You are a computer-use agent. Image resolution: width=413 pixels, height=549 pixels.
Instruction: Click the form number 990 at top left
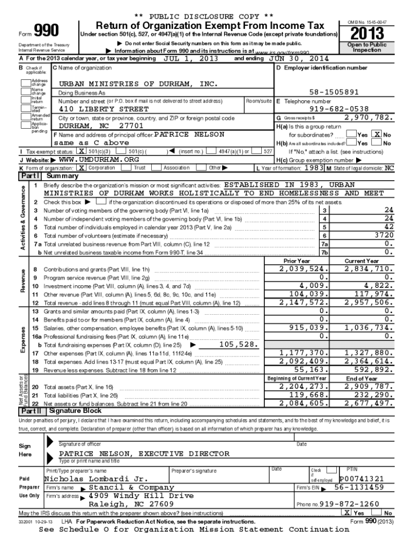tap(46, 31)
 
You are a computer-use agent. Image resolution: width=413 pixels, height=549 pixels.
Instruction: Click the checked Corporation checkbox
tap(82, 168)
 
